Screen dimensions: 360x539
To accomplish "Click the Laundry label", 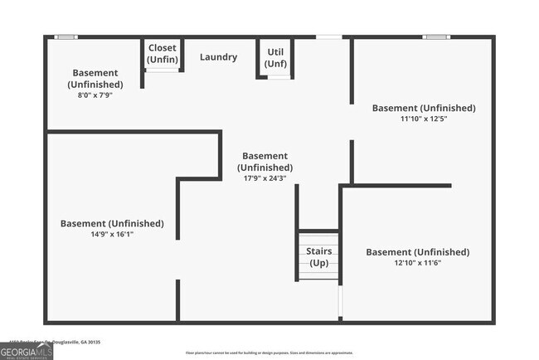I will click(x=218, y=57).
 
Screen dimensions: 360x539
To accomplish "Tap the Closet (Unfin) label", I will click(x=163, y=53).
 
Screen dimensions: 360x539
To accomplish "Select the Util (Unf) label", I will click(x=275, y=57).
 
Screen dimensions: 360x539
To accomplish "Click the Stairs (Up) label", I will click(x=319, y=257).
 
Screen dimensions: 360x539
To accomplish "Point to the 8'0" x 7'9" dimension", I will click(x=95, y=95).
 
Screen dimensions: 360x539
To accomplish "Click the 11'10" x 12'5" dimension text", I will click(x=424, y=119).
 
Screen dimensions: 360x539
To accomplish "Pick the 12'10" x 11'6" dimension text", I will click(x=417, y=263).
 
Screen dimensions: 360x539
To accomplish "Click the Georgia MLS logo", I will click(x=27, y=353).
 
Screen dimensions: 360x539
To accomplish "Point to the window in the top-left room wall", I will click(x=66, y=36).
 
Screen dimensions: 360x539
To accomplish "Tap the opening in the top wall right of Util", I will click(x=328, y=36).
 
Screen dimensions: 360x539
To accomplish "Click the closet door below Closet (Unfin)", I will click(x=163, y=71).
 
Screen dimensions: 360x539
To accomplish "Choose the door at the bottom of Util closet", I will click(x=279, y=77).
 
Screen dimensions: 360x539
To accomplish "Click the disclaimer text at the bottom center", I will click(x=269, y=353).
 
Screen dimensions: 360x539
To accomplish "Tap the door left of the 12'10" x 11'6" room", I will click(x=340, y=303).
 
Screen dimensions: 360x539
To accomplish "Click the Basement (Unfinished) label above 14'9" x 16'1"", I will click(x=112, y=223).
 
